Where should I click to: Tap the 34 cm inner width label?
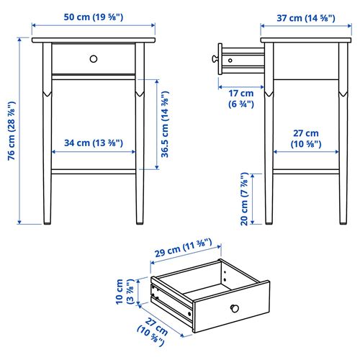tap(94, 143)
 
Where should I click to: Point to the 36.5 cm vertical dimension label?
tap(165, 125)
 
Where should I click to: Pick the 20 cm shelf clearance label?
tap(246, 199)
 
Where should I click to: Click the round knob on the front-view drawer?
tap(94, 58)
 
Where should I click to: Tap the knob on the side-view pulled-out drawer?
tap(216, 57)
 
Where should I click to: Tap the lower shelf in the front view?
tap(94, 171)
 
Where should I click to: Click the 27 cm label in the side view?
tap(305, 139)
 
